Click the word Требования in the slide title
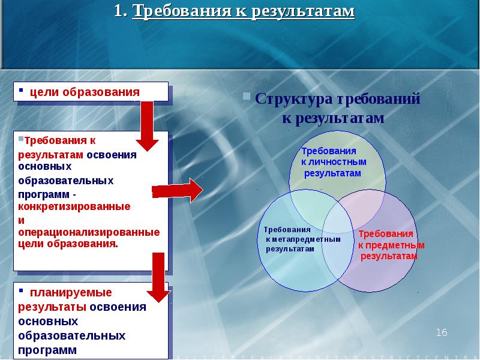point(181,11)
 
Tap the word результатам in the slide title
point(302,11)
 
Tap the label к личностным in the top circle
point(334,162)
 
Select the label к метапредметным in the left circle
point(303,239)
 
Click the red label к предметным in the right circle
point(391,245)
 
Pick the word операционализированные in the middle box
point(89,232)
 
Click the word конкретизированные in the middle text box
point(74,206)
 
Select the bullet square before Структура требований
point(247,96)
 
